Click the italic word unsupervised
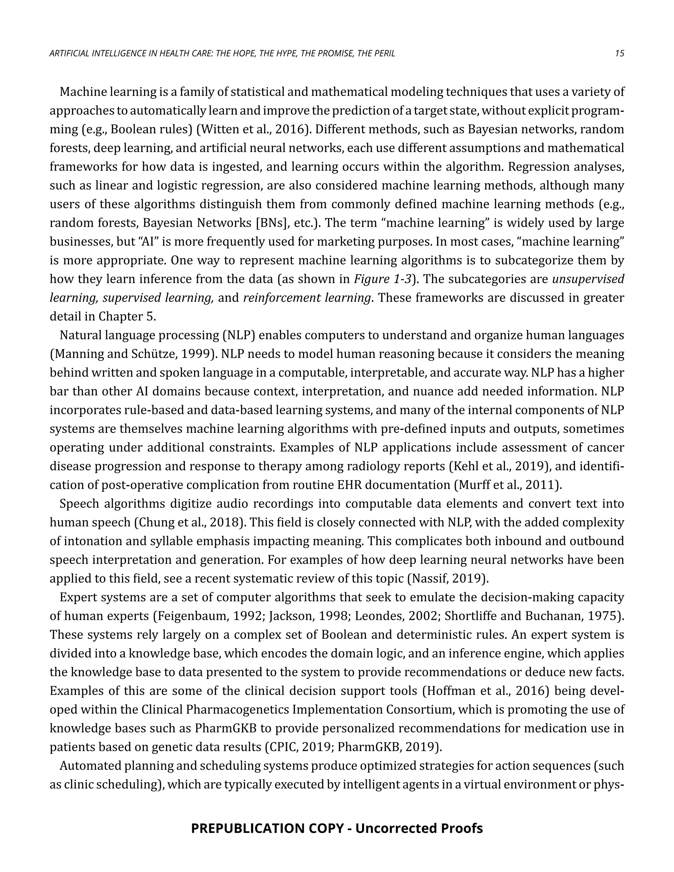[x=588, y=279]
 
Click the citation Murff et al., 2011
[x=507, y=485]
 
